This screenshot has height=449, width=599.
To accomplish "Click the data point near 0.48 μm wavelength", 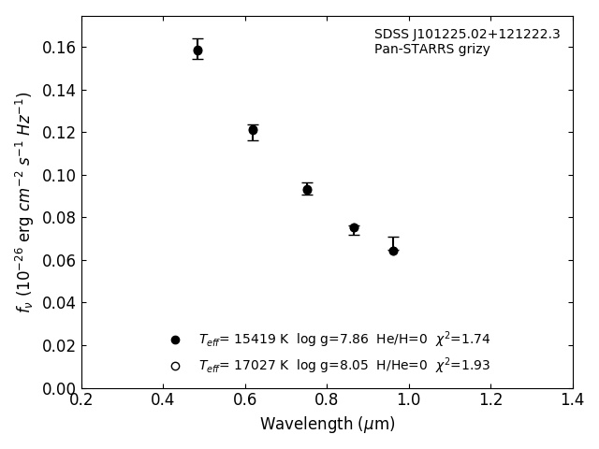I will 197,51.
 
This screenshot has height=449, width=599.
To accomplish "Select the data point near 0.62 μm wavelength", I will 253,130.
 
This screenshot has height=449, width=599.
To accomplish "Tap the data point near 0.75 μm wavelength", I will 307,190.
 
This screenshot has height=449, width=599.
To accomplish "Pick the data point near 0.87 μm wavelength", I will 354,228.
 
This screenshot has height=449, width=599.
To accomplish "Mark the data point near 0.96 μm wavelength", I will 393,251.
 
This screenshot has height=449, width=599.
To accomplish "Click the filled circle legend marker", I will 175,340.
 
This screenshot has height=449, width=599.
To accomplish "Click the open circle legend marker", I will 175,366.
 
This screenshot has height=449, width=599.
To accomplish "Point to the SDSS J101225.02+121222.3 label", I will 467,35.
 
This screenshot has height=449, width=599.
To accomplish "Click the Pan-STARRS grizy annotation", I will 431,50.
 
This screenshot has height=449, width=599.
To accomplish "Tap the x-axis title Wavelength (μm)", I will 328,425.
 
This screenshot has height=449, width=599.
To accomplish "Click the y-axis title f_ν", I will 24,201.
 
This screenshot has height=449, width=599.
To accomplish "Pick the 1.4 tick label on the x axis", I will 573,400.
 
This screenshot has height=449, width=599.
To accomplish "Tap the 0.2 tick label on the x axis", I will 81,400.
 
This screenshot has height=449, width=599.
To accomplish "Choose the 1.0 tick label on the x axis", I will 409,400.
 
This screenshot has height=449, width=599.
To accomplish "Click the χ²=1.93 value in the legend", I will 462,365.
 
